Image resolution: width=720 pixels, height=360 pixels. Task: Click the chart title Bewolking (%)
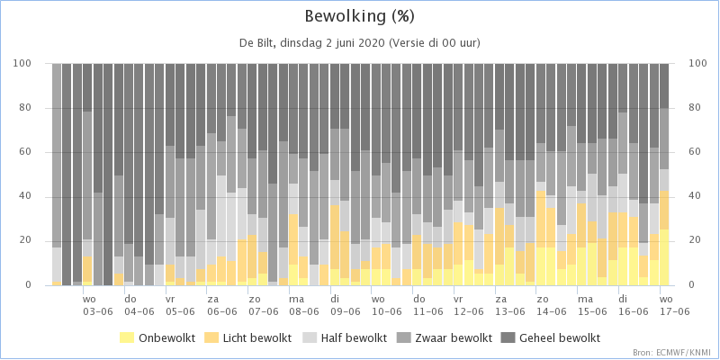pyautogui.click(x=360, y=16)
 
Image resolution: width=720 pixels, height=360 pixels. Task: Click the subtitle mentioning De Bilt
pyautogui.click(x=360, y=42)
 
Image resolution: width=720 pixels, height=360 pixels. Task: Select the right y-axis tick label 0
pyautogui.click(x=692, y=285)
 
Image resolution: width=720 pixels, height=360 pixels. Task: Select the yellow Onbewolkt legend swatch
pyautogui.click(x=127, y=338)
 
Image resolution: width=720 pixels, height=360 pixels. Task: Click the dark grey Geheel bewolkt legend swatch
pyautogui.click(x=511, y=338)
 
